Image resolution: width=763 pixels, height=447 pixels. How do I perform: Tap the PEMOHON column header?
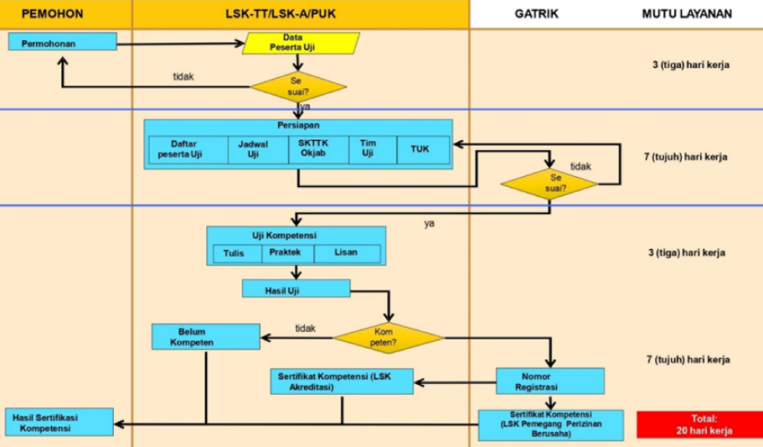[x=54, y=13]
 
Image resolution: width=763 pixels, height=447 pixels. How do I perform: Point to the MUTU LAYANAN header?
[x=687, y=13]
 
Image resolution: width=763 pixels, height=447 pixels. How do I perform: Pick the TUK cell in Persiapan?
[x=420, y=149]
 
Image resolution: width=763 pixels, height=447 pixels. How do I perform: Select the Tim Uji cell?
[x=369, y=148]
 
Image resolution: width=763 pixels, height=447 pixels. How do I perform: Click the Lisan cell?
[x=346, y=252]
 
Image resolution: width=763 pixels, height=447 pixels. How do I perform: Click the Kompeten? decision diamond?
[x=389, y=338]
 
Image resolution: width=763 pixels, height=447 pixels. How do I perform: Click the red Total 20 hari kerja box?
[x=699, y=424]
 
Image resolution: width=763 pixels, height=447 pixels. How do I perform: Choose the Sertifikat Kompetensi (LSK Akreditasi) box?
[x=342, y=382]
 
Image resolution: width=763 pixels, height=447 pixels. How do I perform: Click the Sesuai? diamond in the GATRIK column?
[x=549, y=183]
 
